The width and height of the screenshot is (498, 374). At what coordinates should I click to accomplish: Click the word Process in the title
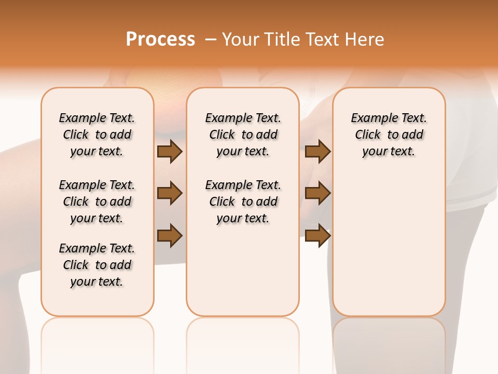pos(160,39)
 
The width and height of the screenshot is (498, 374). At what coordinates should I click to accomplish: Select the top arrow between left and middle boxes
pos(170,151)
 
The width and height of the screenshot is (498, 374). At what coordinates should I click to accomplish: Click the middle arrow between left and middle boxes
pos(170,193)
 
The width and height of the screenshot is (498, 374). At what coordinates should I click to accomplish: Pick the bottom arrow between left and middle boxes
pos(170,235)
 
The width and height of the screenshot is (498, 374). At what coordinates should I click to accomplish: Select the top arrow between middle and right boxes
pos(317,151)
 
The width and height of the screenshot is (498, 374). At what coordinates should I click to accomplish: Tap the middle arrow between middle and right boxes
pos(317,193)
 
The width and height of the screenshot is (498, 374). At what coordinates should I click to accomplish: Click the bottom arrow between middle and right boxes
pos(317,235)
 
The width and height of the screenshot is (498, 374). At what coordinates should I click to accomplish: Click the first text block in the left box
pos(96,135)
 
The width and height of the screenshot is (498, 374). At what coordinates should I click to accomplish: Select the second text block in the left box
pos(96,202)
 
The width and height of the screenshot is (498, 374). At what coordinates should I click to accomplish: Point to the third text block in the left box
pos(96,265)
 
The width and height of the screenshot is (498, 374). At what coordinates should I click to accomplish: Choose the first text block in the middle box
pos(243,135)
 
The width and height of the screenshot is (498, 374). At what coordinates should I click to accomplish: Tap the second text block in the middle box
pos(243,202)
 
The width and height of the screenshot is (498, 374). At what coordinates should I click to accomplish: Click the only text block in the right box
pos(389,135)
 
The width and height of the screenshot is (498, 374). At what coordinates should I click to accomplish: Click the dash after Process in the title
pos(211,39)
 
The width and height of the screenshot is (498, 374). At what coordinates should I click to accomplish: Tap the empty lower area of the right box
pos(389,249)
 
